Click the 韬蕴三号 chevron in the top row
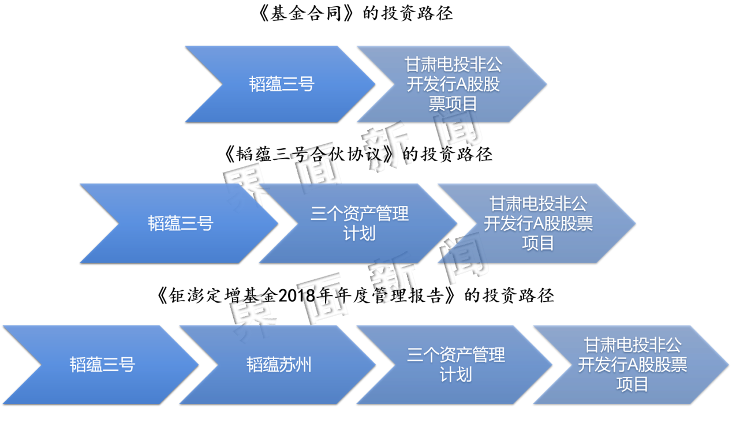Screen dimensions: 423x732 tap(281, 84)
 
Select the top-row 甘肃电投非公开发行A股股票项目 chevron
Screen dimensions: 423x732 tap(453, 84)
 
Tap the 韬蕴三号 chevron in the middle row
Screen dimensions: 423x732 tap(180, 223)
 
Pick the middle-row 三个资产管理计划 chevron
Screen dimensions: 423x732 tap(359, 223)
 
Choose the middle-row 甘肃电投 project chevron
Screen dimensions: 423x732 tap(538, 223)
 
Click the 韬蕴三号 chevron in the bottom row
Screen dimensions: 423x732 tap(102, 365)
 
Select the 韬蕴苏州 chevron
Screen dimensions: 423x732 tap(279, 365)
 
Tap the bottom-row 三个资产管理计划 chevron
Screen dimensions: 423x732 tap(455, 365)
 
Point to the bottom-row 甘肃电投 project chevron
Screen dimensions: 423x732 tap(632, 365)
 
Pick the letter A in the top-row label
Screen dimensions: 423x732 tap(463, 85)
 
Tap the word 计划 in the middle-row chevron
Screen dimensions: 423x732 tap(359, 233)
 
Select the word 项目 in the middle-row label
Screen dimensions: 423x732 tap(538, 243)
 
